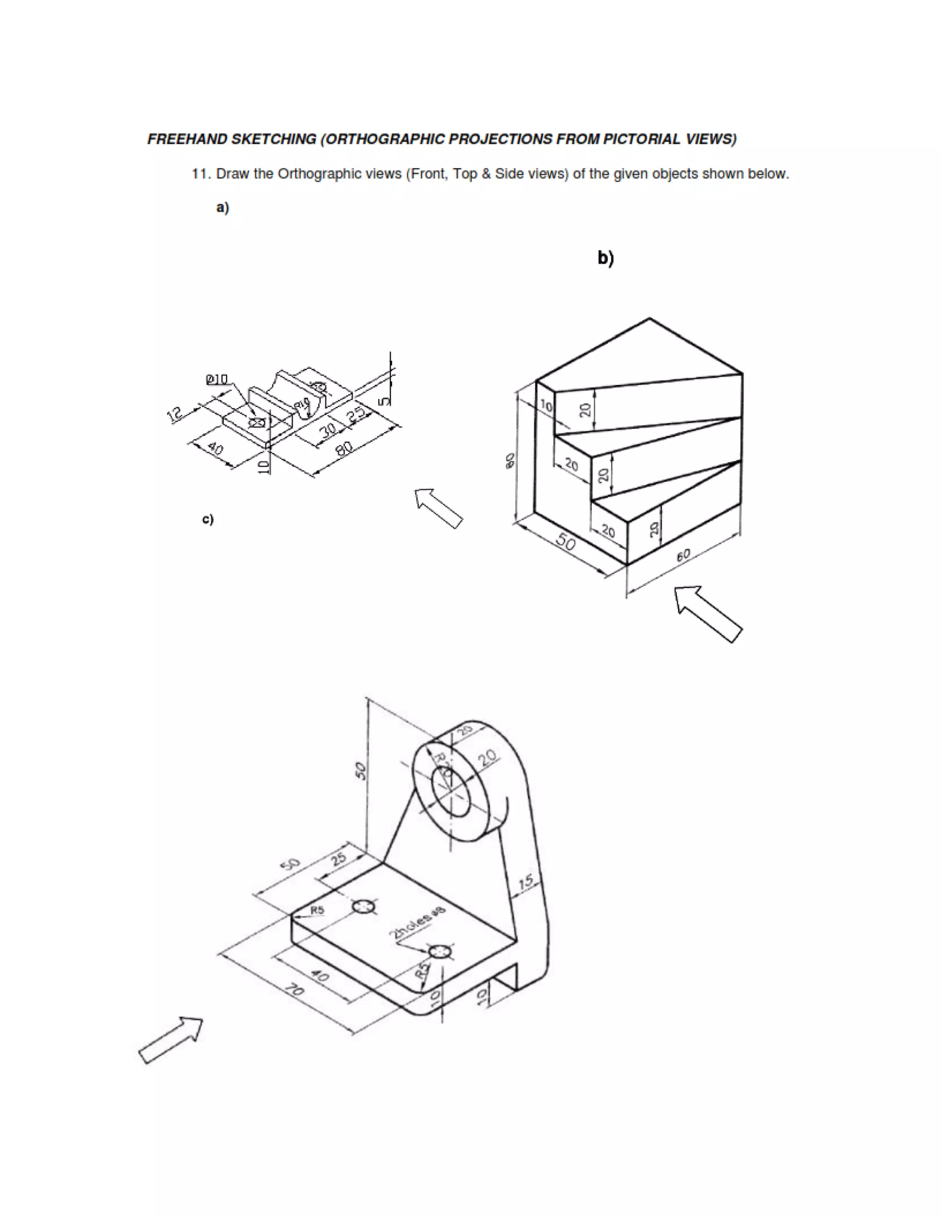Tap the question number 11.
[201, 175]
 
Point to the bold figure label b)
[606, 258]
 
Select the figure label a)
[222, 208]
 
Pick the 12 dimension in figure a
[175, 414]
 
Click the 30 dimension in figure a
[329, 430]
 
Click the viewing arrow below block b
[707, 614]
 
